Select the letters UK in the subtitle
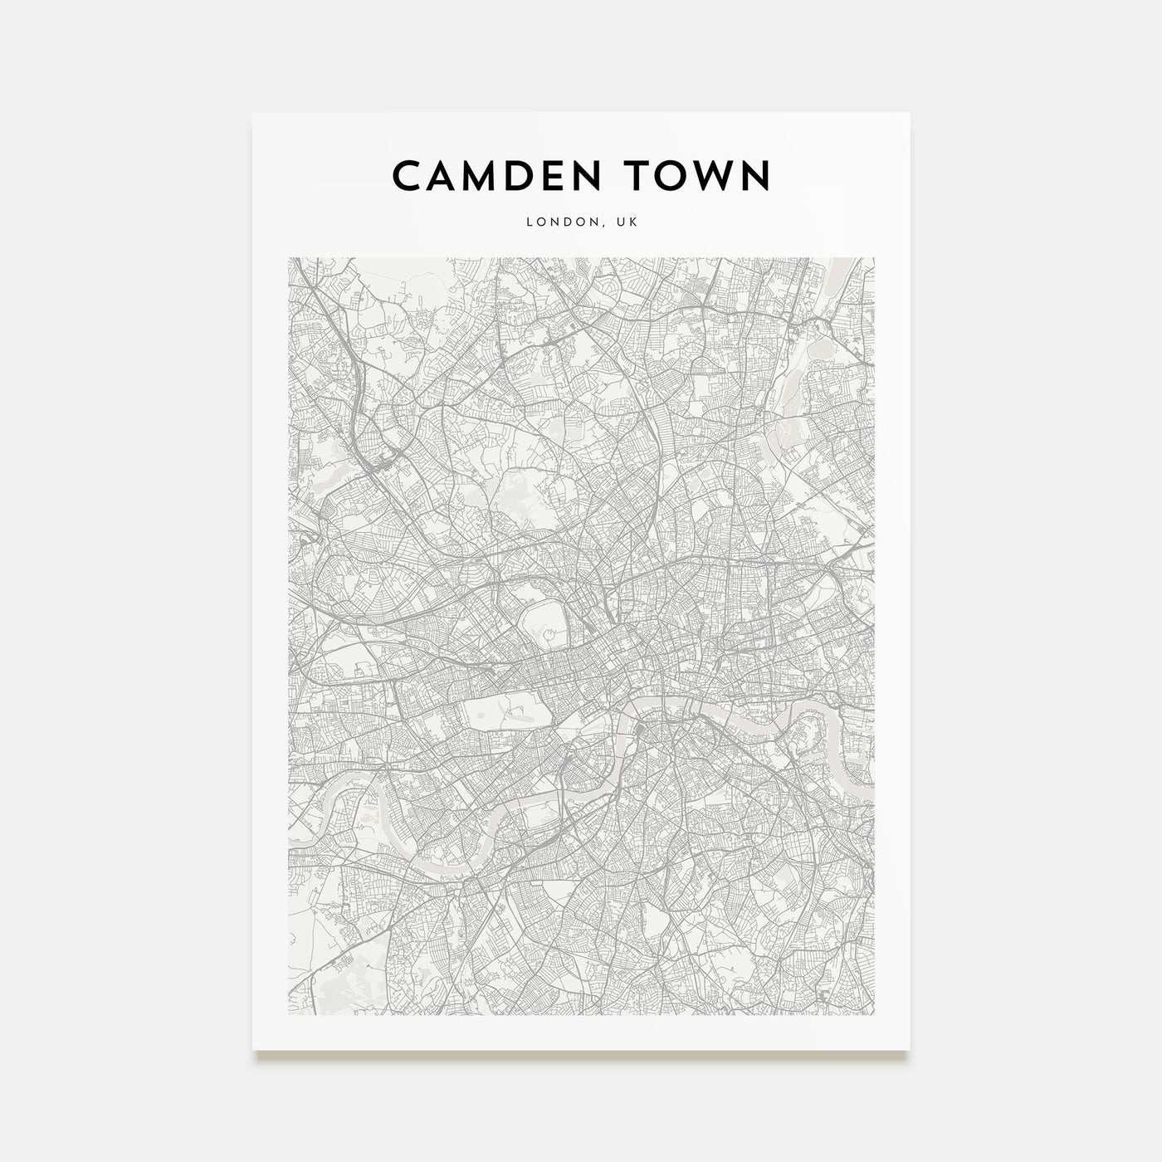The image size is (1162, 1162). click(627, 222)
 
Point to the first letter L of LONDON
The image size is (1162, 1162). click(528, 222)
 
